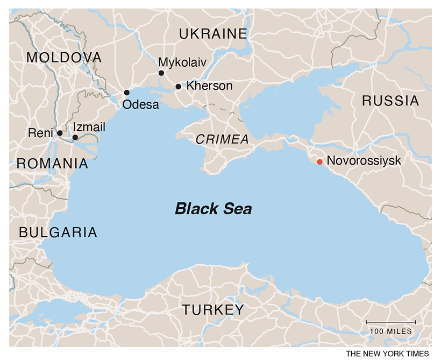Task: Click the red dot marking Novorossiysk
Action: coord(319,161)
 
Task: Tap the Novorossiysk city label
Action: coord(364,160)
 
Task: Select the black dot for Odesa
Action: coord(127,93)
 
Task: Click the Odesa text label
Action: coord(141,105)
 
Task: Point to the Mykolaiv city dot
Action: coord(161,73)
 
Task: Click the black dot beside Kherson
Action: coord(179,87)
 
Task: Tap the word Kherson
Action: coord(209,86)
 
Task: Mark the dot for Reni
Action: coord(60,133)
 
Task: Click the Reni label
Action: coord(41,132)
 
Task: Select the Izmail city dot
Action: coord(75,138)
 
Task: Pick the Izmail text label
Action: coord(88,127)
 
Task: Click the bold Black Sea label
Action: coord(213,209)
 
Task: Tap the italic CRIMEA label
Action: coord(222,139)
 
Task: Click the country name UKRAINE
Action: coord(213,34)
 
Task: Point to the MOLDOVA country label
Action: coord(63,58)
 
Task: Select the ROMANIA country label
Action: coord(52,164)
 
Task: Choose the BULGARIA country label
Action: coord(58,232)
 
